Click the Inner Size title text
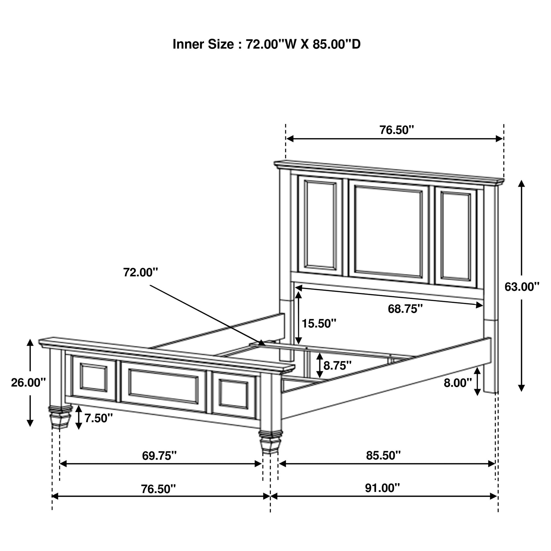266,44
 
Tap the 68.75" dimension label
405,309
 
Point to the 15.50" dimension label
319,323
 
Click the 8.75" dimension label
337,366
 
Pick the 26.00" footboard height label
28,382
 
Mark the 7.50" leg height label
98,418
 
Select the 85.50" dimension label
383,456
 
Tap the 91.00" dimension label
382,488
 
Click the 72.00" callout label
140,272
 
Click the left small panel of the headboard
320,225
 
